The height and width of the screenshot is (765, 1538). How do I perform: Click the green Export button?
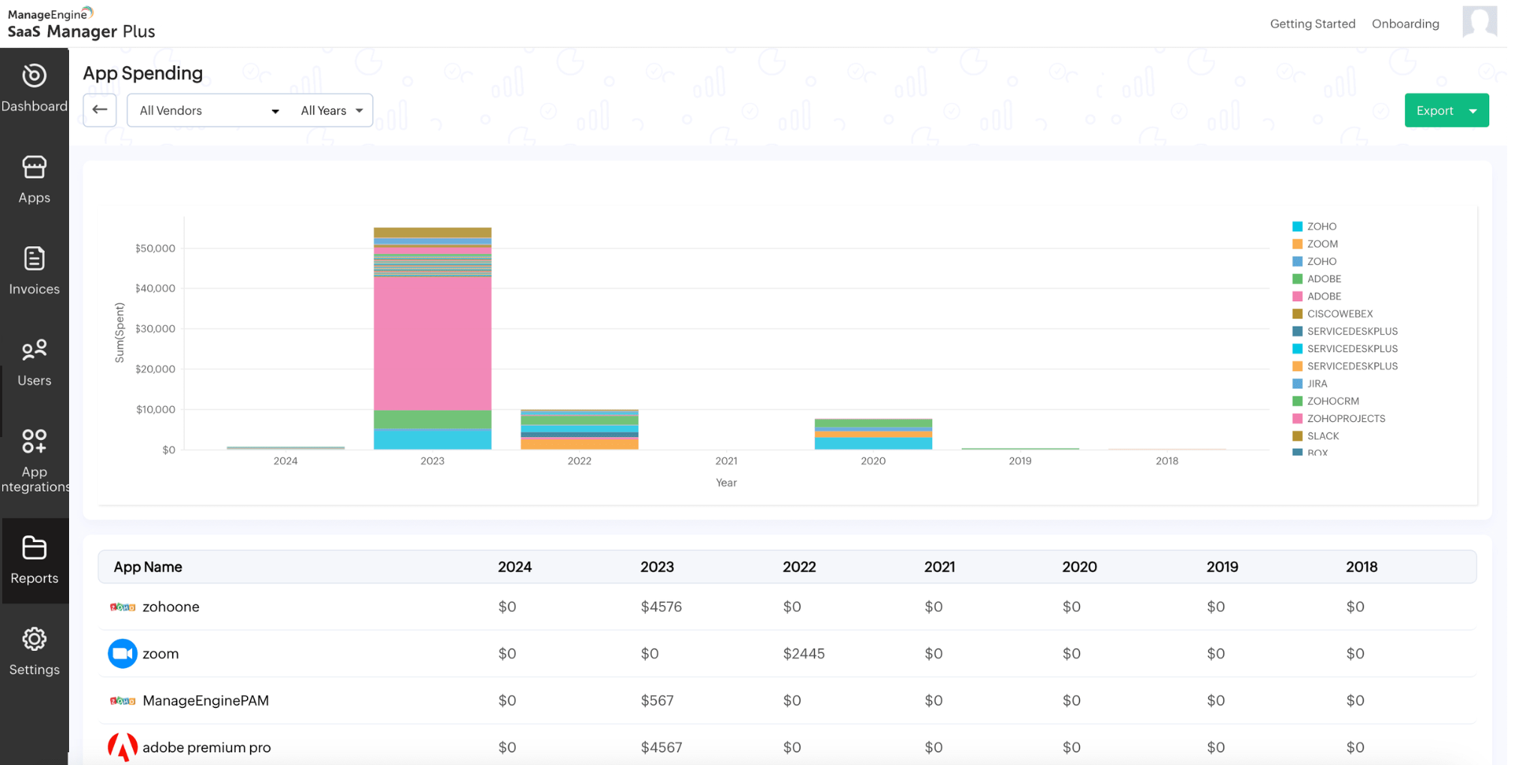tap(1434, 110)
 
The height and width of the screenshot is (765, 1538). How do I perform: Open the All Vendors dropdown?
tap(209, 110)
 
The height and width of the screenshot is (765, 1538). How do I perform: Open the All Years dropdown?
tap(332, 110)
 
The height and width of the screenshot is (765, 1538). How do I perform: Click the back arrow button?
tap(100, 110)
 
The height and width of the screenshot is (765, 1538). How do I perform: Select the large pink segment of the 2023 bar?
tap(433, 342)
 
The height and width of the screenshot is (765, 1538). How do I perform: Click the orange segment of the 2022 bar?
tap(579, 444)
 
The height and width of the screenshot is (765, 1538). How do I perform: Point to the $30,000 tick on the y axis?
tap(155, 329)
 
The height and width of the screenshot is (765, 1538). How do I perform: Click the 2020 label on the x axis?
tap(873, 461)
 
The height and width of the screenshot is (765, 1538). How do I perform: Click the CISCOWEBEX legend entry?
tap(1339, 314)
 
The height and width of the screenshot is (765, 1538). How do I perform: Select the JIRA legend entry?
tap(1316, 384)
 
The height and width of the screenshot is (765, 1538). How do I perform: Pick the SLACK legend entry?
tap(1322, 436)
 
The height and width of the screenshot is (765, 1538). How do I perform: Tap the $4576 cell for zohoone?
tap(661, 607)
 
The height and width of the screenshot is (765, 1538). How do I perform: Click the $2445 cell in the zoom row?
tap(804, 654)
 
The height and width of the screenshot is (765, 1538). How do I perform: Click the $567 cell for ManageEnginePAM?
tap(657, 700)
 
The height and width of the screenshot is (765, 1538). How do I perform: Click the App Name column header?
tap(148, 567)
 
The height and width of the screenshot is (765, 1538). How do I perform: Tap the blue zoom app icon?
tap(122, 654)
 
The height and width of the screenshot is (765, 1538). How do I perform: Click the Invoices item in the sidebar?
tap(35, 271)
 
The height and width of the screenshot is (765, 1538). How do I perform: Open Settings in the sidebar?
tap(35, 652)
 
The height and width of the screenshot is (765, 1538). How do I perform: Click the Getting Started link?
tap(1312, 24)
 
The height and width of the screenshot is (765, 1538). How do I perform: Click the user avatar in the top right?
tap(1479, 21)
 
